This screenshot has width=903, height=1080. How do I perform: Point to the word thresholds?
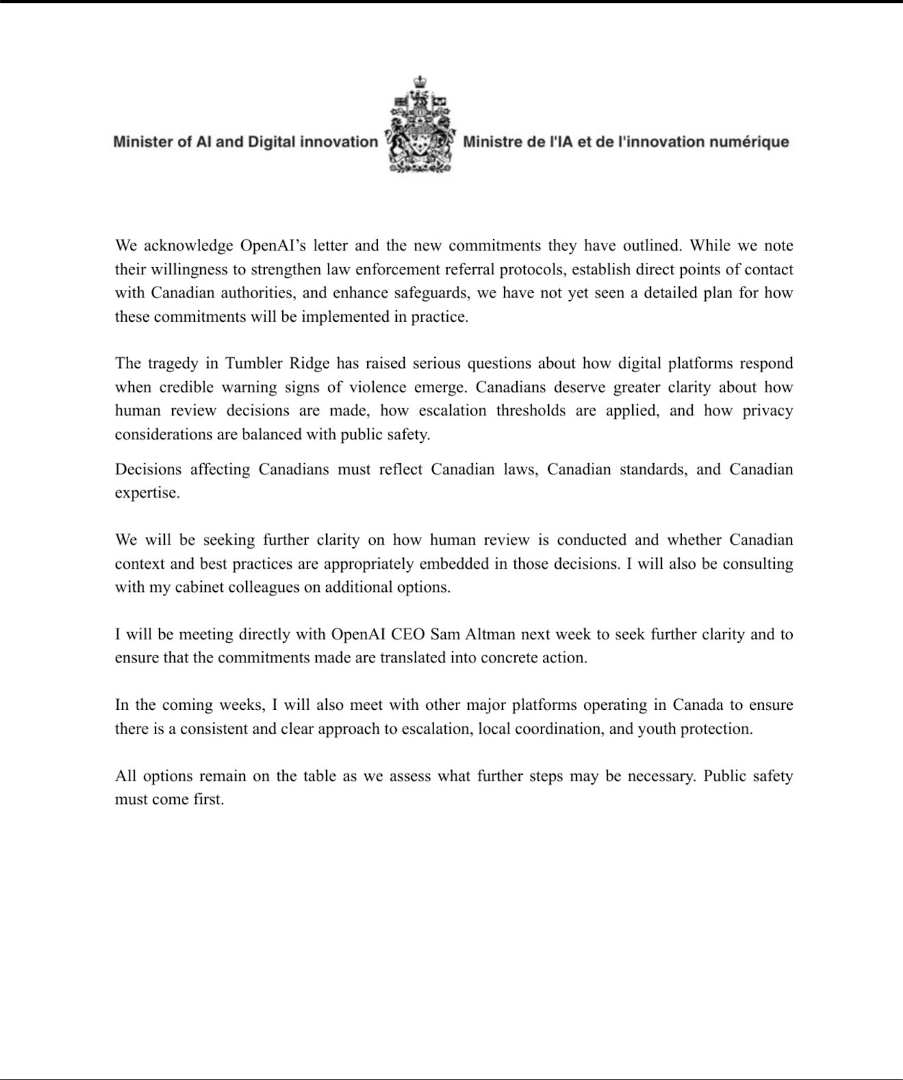(x=530, y=410)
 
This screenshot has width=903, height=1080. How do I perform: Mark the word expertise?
(x=146, y=493)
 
